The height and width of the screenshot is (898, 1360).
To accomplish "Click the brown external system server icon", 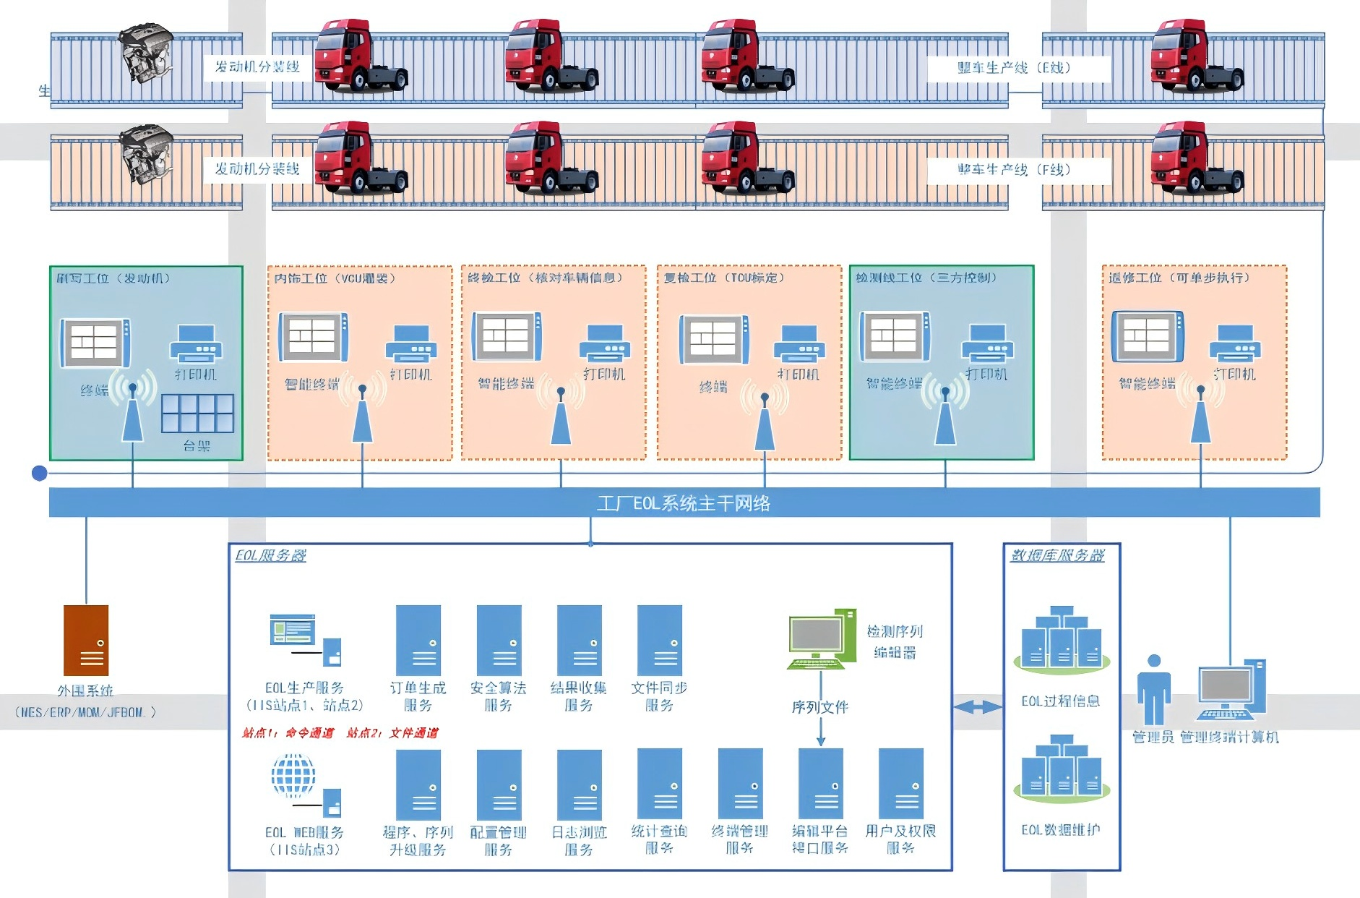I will tap(86, 640).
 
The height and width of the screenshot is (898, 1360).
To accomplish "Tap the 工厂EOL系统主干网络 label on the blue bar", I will tap(684, 503).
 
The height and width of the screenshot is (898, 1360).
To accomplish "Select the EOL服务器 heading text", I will tap(270, 555).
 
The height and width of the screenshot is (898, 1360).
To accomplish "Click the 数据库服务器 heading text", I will tap(1057, 555).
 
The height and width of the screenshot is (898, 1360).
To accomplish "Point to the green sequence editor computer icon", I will tap(821, 639).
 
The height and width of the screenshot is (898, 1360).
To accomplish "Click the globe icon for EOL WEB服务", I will tap(293, 776).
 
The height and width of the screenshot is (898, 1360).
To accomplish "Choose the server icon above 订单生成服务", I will tap(418, 641).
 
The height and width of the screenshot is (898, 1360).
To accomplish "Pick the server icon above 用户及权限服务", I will tap(900, 784).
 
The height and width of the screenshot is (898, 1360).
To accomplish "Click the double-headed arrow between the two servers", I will tap(978, 707).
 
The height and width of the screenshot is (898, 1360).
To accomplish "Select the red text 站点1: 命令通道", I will tap(288, 733).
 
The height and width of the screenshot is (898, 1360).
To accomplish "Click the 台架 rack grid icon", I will tap(197, 414).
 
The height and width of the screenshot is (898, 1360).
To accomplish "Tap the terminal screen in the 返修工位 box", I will tap(1148, 336).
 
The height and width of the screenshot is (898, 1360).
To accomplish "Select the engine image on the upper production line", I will tap(147, 54).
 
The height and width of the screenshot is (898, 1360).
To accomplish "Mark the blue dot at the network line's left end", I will tap(40, 474).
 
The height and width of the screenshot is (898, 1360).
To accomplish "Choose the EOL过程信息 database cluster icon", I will tap(1061, 640).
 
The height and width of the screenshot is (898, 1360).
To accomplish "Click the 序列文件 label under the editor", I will tap(820, 707).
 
